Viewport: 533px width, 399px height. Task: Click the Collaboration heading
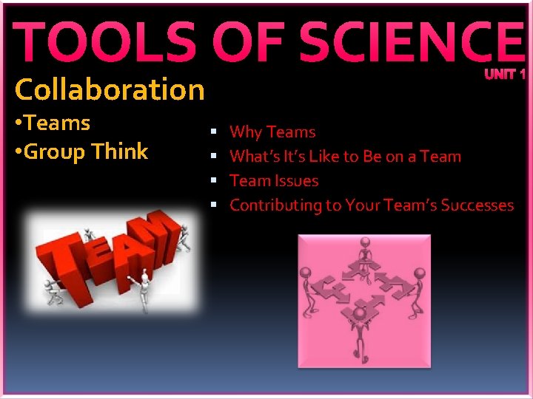pyautogui.click(x=110, y=90)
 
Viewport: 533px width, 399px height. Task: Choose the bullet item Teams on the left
pyautogui.click(x=56, y=123)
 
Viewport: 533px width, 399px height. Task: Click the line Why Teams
pyautogui.click(x=272, y=132)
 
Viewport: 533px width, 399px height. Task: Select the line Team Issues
pyautogui.click(x=274, y=181)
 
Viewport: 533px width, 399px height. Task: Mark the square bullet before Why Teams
pyautogui.click(x=213, y=132)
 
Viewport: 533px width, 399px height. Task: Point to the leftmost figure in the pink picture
pyautogui.click(x=309, y=284)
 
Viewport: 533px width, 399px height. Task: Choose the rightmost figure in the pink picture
pyautogui.click(x=418, y=284)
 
